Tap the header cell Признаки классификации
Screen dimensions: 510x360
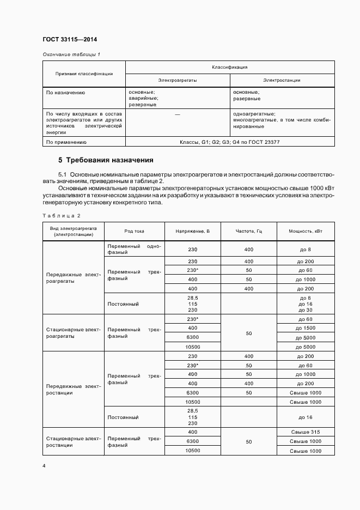[84, 74]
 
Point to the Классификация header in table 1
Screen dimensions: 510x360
[230, 67]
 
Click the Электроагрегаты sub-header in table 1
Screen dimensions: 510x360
[178, 80]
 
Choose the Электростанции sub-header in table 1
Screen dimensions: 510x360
[282, 80]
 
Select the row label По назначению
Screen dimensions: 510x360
[66, 93]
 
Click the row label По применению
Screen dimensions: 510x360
[66, 142]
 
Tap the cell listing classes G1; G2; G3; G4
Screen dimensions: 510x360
[230, 142]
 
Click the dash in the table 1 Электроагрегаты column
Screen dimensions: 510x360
[178, 114]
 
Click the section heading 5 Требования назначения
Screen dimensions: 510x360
[106, 161]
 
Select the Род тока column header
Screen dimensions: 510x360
[134, 231]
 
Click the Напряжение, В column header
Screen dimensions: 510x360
[192, 231]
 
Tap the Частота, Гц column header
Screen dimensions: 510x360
[249, 231]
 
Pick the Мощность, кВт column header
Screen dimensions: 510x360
[306, 231]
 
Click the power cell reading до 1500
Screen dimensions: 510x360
[306, 328]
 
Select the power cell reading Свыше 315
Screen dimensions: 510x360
[306, 432]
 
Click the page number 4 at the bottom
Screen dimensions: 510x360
[44, 466]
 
